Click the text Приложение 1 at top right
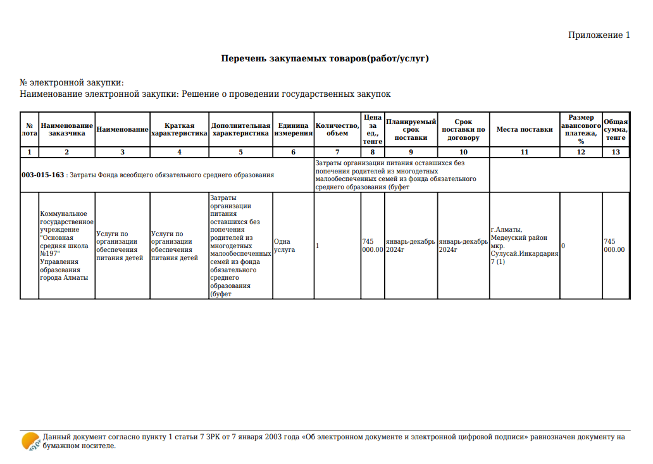coord(599,35)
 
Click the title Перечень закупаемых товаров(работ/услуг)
coord(325,58)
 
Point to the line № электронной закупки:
coord(72,83)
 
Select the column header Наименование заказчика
coord(66,129)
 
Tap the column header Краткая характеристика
coord(179,129)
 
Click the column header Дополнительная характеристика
coord(240,129)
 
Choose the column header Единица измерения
coord(293,129)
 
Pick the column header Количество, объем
coord(337,129)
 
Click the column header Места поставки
coord(524,129)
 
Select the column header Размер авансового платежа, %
coord(581,129)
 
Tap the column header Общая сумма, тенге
coord(616,129)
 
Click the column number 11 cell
coord(524,153)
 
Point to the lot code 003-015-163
coord(43,175)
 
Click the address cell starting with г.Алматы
coord(524,246)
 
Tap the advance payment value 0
coord(563,246)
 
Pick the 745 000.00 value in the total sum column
coord(614,246)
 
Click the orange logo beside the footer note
coord(30,441)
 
